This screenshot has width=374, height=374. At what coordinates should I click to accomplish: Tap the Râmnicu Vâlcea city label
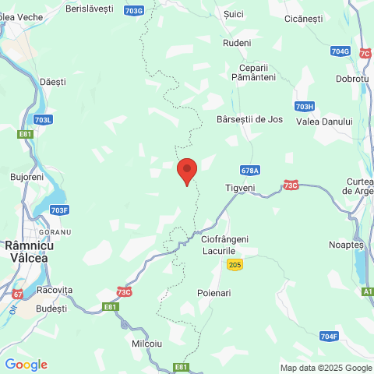27,251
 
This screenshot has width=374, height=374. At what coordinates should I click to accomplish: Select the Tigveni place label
240,188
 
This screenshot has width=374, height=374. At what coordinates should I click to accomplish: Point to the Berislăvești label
90,8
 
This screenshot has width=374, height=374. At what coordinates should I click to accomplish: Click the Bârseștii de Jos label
249,120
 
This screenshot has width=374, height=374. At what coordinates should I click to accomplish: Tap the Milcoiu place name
146,343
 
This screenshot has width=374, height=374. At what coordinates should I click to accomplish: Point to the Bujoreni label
27,177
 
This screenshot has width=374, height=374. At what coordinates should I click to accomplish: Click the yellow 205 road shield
235,266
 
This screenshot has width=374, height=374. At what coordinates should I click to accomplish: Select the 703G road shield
133,10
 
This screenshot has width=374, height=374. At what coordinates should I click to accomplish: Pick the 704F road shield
329,337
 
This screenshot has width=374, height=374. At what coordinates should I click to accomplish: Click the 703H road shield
305,106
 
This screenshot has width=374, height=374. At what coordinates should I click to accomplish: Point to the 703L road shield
43,119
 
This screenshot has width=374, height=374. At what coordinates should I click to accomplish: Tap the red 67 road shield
17,294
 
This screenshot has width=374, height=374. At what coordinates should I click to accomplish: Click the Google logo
26,364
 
